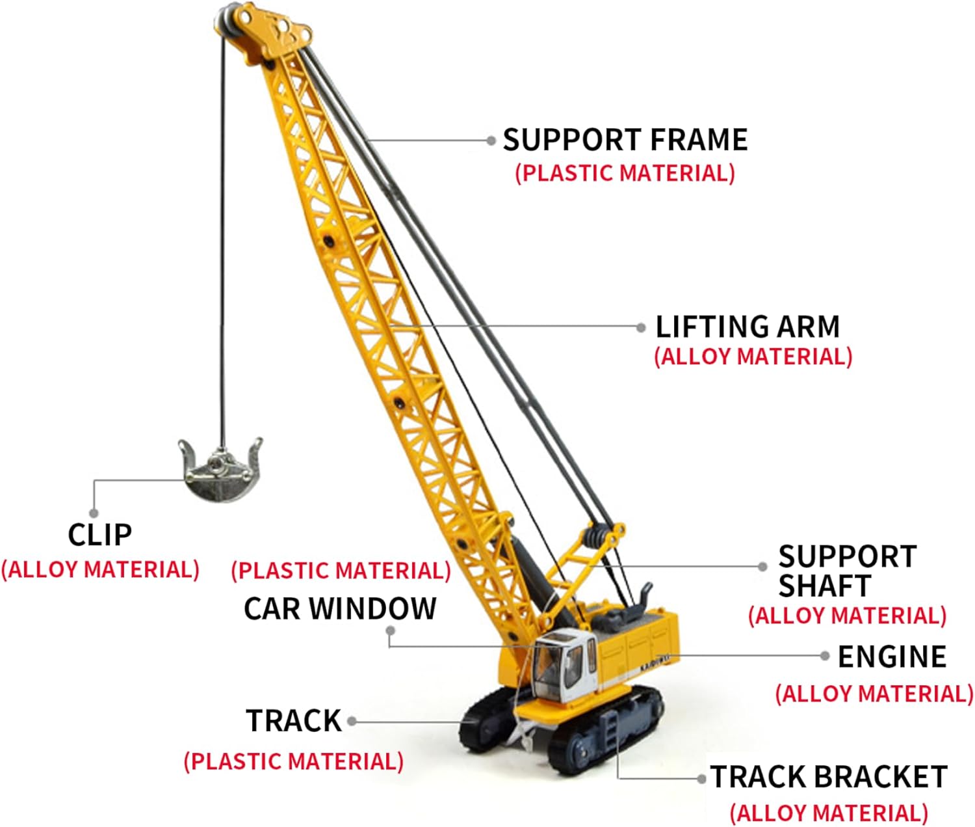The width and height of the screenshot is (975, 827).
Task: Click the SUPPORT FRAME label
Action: (x=625, y=140)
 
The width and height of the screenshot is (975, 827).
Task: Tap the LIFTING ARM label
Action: (x=747, y=327)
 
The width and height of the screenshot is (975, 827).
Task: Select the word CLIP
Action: (x=100, y=535)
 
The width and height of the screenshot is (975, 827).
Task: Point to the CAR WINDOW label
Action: (x=340, y=608)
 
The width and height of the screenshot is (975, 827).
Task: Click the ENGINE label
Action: (x=892, y=657)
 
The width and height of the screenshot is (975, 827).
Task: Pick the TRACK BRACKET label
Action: (x=829, y=777)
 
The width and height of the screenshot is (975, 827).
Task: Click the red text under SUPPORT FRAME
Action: (x=625, y=173)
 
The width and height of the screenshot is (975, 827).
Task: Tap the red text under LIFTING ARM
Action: (x=753, y=357)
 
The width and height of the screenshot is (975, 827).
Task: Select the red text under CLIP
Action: (x=100, y=569)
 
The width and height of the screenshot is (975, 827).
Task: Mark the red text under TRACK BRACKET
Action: (x=829, y=813)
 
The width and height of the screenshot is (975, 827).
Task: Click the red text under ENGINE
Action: (x=874, y=694)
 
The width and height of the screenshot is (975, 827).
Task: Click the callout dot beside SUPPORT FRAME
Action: (x=491, y=140)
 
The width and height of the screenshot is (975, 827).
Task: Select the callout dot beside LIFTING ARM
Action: (x=642, y=327)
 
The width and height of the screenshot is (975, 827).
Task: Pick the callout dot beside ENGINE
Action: (x=825, y=656)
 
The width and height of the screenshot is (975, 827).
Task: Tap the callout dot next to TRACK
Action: (x=352, y=721)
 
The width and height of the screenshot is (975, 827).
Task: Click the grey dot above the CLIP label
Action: (x=94, y=513)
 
